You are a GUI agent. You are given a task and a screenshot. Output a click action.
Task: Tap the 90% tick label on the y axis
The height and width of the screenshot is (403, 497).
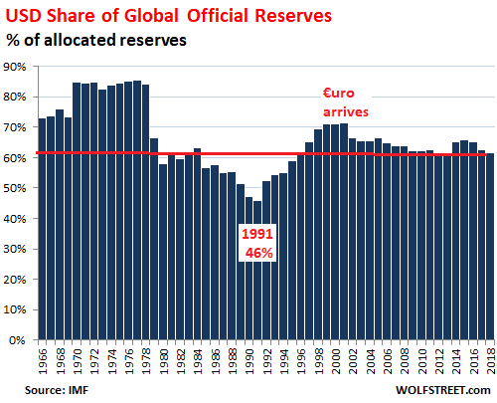tap(17, 67)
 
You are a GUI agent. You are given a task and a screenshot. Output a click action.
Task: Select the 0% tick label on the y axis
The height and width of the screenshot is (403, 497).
tap(20, 340)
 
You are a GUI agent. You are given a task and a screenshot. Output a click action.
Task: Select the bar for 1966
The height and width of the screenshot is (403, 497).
tap(43, 229)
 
